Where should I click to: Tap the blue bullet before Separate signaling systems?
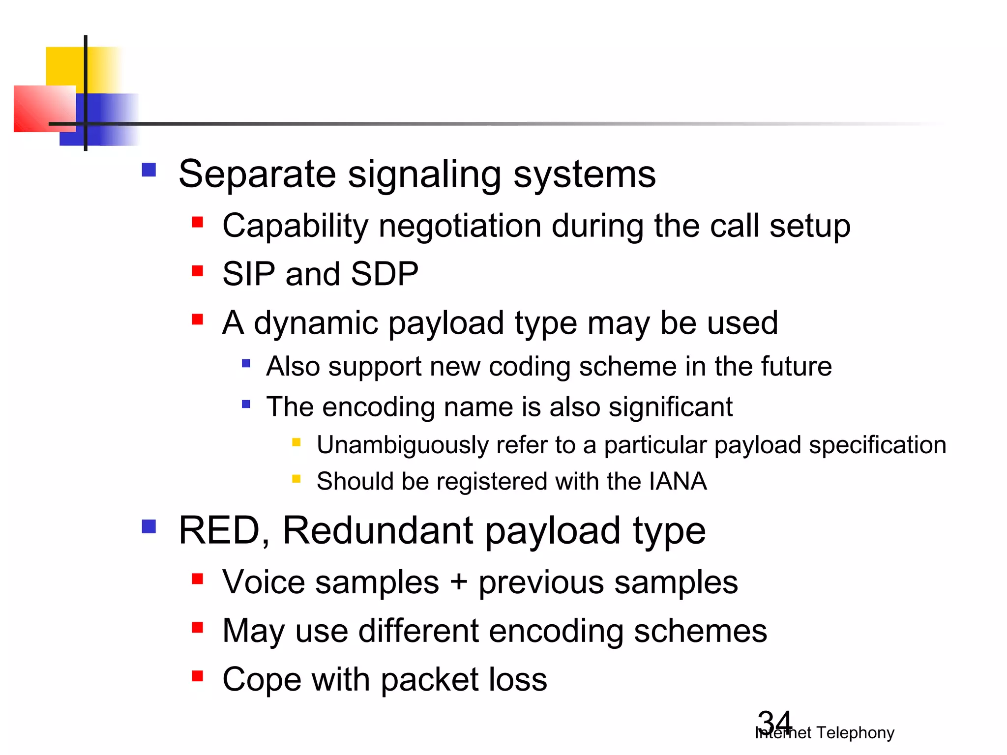(x=148, y=170)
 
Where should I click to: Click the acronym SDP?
(x=384, y=274)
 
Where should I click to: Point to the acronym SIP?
(x=248, y=274)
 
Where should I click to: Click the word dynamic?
(x=316, y=323)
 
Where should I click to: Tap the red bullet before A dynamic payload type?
(x=198, y=320)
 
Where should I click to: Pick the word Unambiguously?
(x=402, y=445)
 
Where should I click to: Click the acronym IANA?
(x=678, y=481)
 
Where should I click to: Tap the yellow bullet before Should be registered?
(x=296, y=478)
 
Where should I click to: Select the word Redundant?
(x=378, y=531)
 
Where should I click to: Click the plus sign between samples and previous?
(x=458, y=583)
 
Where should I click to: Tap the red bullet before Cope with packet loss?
(x=198, y=676)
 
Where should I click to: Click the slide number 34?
(x=774, y=722)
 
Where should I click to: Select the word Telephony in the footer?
(x=855, y=733)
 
